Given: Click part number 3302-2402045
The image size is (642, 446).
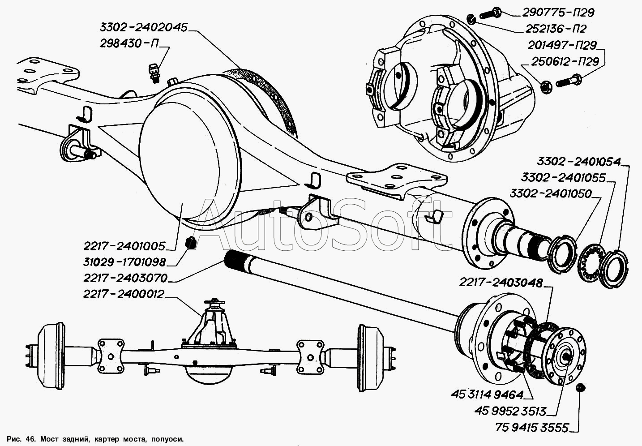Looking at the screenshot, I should coord(143,27).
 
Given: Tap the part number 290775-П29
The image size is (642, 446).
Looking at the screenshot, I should coord(558,13).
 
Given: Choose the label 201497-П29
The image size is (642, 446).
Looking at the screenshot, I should coord(562,45).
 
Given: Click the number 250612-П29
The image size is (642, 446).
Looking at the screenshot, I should coord(565,61).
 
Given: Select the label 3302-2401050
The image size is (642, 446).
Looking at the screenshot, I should coord(550,194).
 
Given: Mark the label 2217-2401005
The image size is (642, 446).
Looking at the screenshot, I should coord(124,246).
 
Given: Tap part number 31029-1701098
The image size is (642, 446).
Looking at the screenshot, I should coord(124,262).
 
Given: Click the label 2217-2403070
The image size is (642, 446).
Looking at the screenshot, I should coord(125,278).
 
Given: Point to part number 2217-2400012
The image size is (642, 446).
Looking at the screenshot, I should coord(124,294).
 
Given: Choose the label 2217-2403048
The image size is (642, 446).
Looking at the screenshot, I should coord(501,283).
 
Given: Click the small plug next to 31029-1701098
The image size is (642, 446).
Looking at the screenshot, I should coord(191,243).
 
